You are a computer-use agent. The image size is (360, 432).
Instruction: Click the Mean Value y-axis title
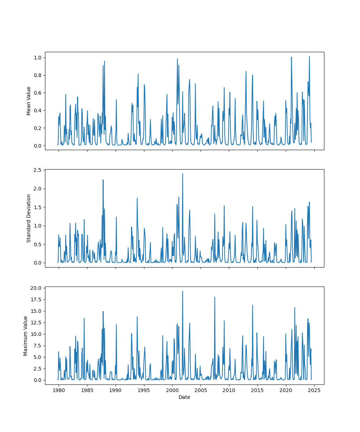pos(29,101)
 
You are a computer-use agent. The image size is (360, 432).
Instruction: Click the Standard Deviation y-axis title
pos(29,218)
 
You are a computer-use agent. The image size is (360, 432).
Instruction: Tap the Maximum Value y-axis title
pos(26,336)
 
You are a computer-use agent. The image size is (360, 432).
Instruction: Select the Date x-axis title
pos(184,397)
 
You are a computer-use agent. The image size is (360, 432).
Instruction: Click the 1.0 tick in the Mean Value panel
pos(38,58)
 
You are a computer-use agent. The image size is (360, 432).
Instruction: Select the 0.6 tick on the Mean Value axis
pos(38,93)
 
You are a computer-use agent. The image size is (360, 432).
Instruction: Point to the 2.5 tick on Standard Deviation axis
pos(38,170)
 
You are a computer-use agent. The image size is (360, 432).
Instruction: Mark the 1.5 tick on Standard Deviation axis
pos(38,207)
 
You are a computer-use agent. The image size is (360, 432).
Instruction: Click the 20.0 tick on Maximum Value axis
pos(36,288)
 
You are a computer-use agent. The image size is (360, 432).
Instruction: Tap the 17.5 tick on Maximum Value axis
pos(36,300)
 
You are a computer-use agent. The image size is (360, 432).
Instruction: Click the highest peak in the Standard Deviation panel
pos(183,174)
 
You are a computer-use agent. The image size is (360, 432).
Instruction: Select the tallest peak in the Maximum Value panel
pos(183,291)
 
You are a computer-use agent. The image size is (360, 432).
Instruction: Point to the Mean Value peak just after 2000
pos(177,59)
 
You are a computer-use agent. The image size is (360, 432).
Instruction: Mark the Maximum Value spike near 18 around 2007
pos(215,297)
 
